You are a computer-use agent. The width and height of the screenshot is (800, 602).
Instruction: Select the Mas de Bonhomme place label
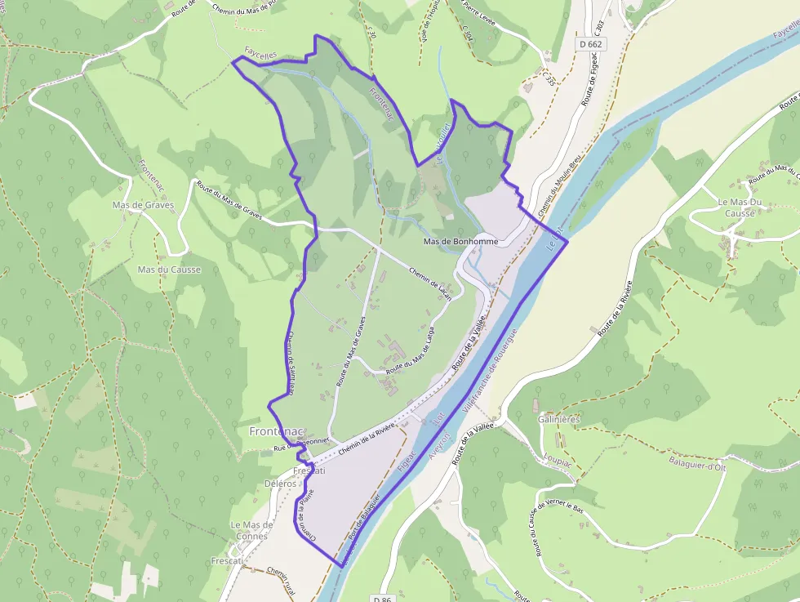tap(461, 242)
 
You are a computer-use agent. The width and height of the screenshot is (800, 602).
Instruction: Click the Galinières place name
tap(559, 419)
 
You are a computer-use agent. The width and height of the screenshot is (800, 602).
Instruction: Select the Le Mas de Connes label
tap(251, 530)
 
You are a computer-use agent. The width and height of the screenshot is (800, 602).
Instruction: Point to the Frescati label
tap(309, 471)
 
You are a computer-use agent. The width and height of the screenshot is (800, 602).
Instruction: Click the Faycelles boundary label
tap(260, 52)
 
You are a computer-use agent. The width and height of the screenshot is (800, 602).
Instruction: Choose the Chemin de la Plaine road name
tap(306, 514)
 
